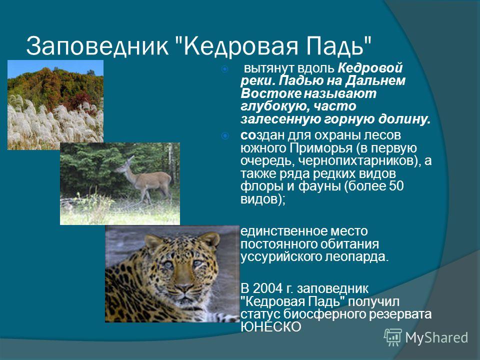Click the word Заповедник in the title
[97, 46]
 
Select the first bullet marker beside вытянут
[224, 69]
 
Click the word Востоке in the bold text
[271, 93]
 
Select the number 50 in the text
[396, 186]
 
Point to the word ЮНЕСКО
[271, 327]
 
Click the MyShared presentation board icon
[393, 337]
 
